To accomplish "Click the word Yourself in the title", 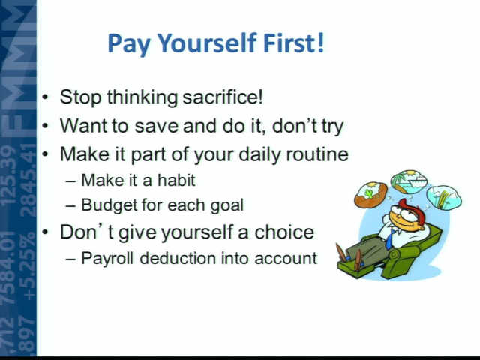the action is [x=207, y=43].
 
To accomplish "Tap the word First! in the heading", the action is [x=293, y=43].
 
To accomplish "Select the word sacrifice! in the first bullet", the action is [x=223, y=97].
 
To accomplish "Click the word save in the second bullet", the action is [x=156, y=126].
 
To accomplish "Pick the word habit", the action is [x=176, y=180].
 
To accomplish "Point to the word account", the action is [x=285, y=258].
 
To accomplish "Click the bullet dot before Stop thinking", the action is [x=45, y=97].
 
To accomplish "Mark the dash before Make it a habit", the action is [x=70, y=181].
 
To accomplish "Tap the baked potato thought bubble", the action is [x=370, y=195].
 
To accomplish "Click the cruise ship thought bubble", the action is [x=408, y=181].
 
